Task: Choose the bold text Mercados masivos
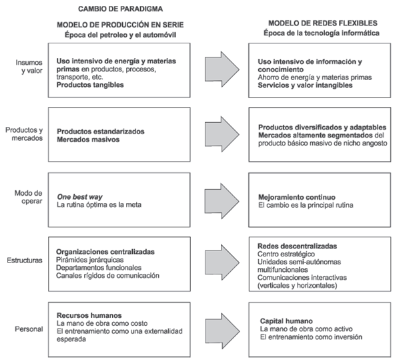86,140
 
